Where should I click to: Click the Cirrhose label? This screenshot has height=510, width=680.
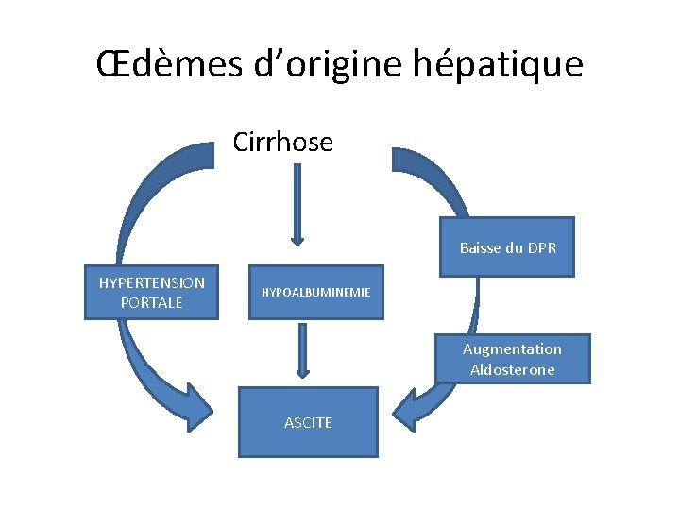pyautogui.click(x=283, y=143)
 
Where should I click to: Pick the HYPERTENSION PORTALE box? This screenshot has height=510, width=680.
pyautogui.click(x=151, y=292)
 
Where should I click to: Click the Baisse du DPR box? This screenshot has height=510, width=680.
pyautogui.click(x=507, y=248)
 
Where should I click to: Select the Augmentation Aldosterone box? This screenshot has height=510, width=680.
pyautogui.click(x=512, y=359)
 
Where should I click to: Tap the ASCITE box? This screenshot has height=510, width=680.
pyautogui.click(x=308, y=422)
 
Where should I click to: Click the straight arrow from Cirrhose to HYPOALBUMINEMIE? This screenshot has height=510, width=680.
pyautogui.click(x=297, y=203)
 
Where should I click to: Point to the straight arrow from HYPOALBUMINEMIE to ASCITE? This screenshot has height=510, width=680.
pyautogui.click(x=302, y=349)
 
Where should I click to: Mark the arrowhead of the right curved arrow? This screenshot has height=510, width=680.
pyautogui.click(x=408, y=407)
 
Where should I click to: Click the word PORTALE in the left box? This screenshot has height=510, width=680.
pyautogui.click(x=151, y=302)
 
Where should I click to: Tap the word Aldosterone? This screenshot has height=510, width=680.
pyautogui.click(x=512, y=369)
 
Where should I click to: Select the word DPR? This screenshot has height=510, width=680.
pyautogui.click(x=542, y=248)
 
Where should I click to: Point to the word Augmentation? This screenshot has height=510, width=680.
pyautogui.click(x=512, y=348)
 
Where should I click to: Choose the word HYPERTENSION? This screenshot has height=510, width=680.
pyautogui.click(x=151, y=282)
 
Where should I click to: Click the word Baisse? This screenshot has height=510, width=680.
pyautogui.click(x=480, y=248)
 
